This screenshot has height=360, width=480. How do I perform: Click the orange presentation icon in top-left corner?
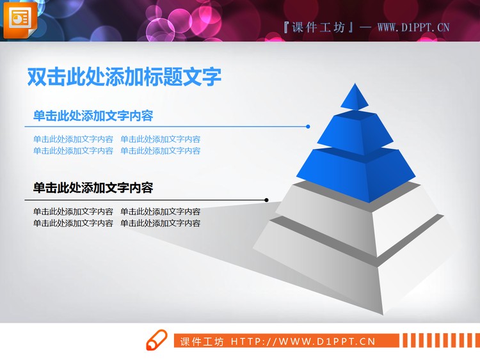coord(20,19)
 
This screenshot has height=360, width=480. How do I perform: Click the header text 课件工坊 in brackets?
coord(317,27)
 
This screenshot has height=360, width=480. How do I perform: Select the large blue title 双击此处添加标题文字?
coord(124,77)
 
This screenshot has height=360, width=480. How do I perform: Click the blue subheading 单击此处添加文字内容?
coord(93,116)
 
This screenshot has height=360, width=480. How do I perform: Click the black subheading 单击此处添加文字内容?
coord(93,188)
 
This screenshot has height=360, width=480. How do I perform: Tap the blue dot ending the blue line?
coord(308,127)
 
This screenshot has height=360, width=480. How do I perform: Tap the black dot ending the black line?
coord(266,200)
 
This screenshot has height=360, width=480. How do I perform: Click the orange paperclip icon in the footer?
coord(156,341)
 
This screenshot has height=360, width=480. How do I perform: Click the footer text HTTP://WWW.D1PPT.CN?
coord(303,341)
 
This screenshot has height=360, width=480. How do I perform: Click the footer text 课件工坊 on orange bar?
coord(202,341)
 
